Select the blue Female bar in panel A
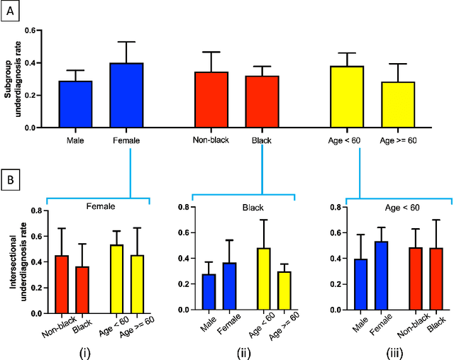pos(126,96)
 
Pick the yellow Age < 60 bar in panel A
pos(349,97)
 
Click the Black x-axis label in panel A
pos(261,141)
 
